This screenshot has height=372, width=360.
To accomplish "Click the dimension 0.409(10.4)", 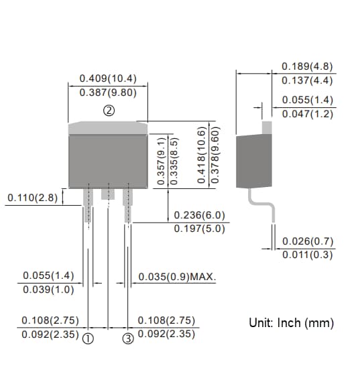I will pos(109,78).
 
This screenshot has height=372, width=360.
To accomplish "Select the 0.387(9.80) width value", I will pos(109,92).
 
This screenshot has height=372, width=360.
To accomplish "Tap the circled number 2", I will pos(109,111).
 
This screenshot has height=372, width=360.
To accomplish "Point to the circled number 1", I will pos(87,338).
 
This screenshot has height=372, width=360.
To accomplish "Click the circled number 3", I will pos(129,338).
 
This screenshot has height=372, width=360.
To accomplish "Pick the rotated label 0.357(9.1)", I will pos(161,161).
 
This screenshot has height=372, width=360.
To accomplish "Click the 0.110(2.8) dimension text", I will pos(32,198).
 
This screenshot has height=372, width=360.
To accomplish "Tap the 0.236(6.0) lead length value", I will pos(199,215).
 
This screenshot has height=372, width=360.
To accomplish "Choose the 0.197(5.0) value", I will pos(199,229).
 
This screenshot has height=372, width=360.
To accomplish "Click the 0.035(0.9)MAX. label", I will pos(177,276).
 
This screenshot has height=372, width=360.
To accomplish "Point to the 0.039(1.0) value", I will pos(48,290).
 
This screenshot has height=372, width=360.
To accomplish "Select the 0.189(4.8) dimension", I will pos(307,67).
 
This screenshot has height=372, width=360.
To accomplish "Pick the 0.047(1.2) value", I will pos(307,113).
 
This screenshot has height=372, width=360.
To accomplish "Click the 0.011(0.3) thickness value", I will pos(307,255).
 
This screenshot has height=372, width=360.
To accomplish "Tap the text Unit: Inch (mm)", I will pos(291,323).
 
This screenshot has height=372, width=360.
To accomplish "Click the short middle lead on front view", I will pos(107,193).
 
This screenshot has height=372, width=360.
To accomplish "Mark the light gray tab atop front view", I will pos(109,127).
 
